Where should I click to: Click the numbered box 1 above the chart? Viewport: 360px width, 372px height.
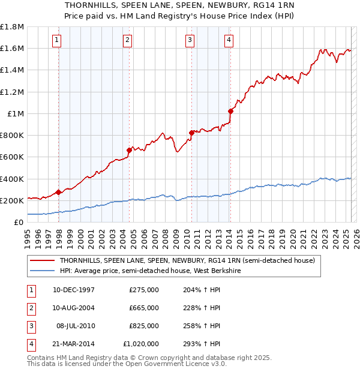pyautogui.click(x=56, y=40)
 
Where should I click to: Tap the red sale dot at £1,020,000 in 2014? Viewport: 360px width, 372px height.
pyautogui.click(x=230, y=111)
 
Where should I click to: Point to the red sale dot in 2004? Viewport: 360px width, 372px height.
pyautogui.click(x=129, y=150)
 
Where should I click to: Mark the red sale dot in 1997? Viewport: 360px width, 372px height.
pyautogui.click(x=58, y=192)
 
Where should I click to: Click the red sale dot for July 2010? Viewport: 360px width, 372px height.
pyautogui.click(x=191, y=133)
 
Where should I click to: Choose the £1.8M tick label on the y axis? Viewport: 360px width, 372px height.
pyautogui.click(x=12, y=27)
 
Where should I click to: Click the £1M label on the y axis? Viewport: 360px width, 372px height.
pyautogui.click(x=16, y=113)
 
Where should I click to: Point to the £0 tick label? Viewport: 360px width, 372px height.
pyautogui.click(x=19, y=222)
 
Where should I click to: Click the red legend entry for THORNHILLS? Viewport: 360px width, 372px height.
pyautogui.click(x=191, y=260)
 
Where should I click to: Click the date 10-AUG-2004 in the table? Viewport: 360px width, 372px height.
pyautogui.click(x=73, y=308)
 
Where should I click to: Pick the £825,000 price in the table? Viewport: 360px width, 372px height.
pyautogui.click(x=144, y=326)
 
